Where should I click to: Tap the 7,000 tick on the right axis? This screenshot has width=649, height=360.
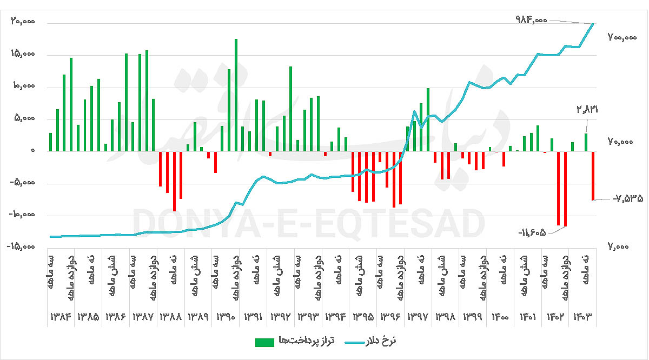click(622, 246)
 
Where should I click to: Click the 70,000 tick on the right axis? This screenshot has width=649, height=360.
click(622, 142)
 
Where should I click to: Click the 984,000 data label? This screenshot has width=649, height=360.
click(532, 19)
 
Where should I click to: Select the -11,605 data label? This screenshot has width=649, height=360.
click(532, 232)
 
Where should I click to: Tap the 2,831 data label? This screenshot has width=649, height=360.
click(587, 109)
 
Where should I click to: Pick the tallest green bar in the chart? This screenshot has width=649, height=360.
click(236, 95)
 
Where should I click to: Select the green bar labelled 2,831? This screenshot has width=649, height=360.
click(586, 142)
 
